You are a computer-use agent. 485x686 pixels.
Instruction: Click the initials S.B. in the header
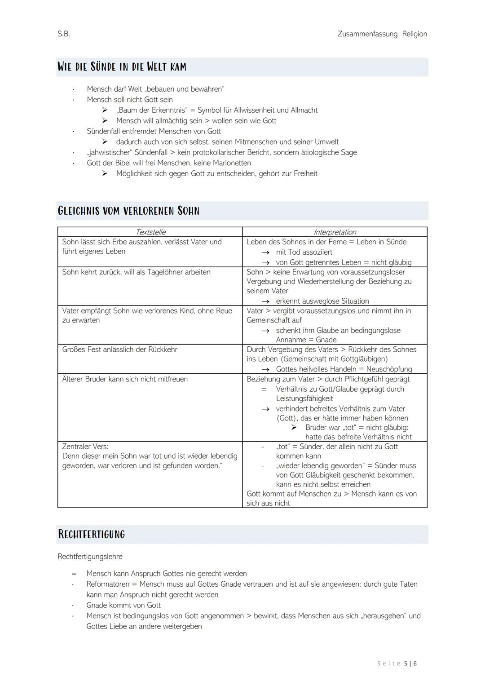click(64, 34)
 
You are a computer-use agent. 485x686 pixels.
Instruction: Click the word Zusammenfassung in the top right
click(367, 34)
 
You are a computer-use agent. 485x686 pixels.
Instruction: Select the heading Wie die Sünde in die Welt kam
click(122, 67)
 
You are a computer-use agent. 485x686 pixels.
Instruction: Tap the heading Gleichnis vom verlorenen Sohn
click(128, 211)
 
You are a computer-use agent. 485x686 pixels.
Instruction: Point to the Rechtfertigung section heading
click(92, 534)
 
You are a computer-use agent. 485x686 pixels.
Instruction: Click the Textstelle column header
click(150, 232)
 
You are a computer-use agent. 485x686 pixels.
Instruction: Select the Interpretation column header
click(335, 232)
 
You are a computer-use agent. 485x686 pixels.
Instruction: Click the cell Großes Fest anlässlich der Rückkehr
click(119, 350)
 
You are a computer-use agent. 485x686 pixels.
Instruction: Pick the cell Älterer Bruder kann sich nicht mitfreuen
click(125, 379)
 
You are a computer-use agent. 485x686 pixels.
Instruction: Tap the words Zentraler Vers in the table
click(85, 447)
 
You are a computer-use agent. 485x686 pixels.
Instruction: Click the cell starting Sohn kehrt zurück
click(136, 272)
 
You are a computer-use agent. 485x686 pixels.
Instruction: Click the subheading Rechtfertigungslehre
click(90, 557)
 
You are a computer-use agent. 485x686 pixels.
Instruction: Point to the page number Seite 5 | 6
click(397, 664)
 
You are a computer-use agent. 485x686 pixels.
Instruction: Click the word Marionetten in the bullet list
click(232, 163)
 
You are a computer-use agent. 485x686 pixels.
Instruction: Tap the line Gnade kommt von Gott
click(123, 605)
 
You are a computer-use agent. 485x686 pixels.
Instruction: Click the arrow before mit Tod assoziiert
click(266, 252)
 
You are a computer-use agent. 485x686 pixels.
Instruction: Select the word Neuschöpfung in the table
click(389, 369)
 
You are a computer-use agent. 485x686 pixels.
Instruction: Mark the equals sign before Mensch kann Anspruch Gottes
click(74, 574)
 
